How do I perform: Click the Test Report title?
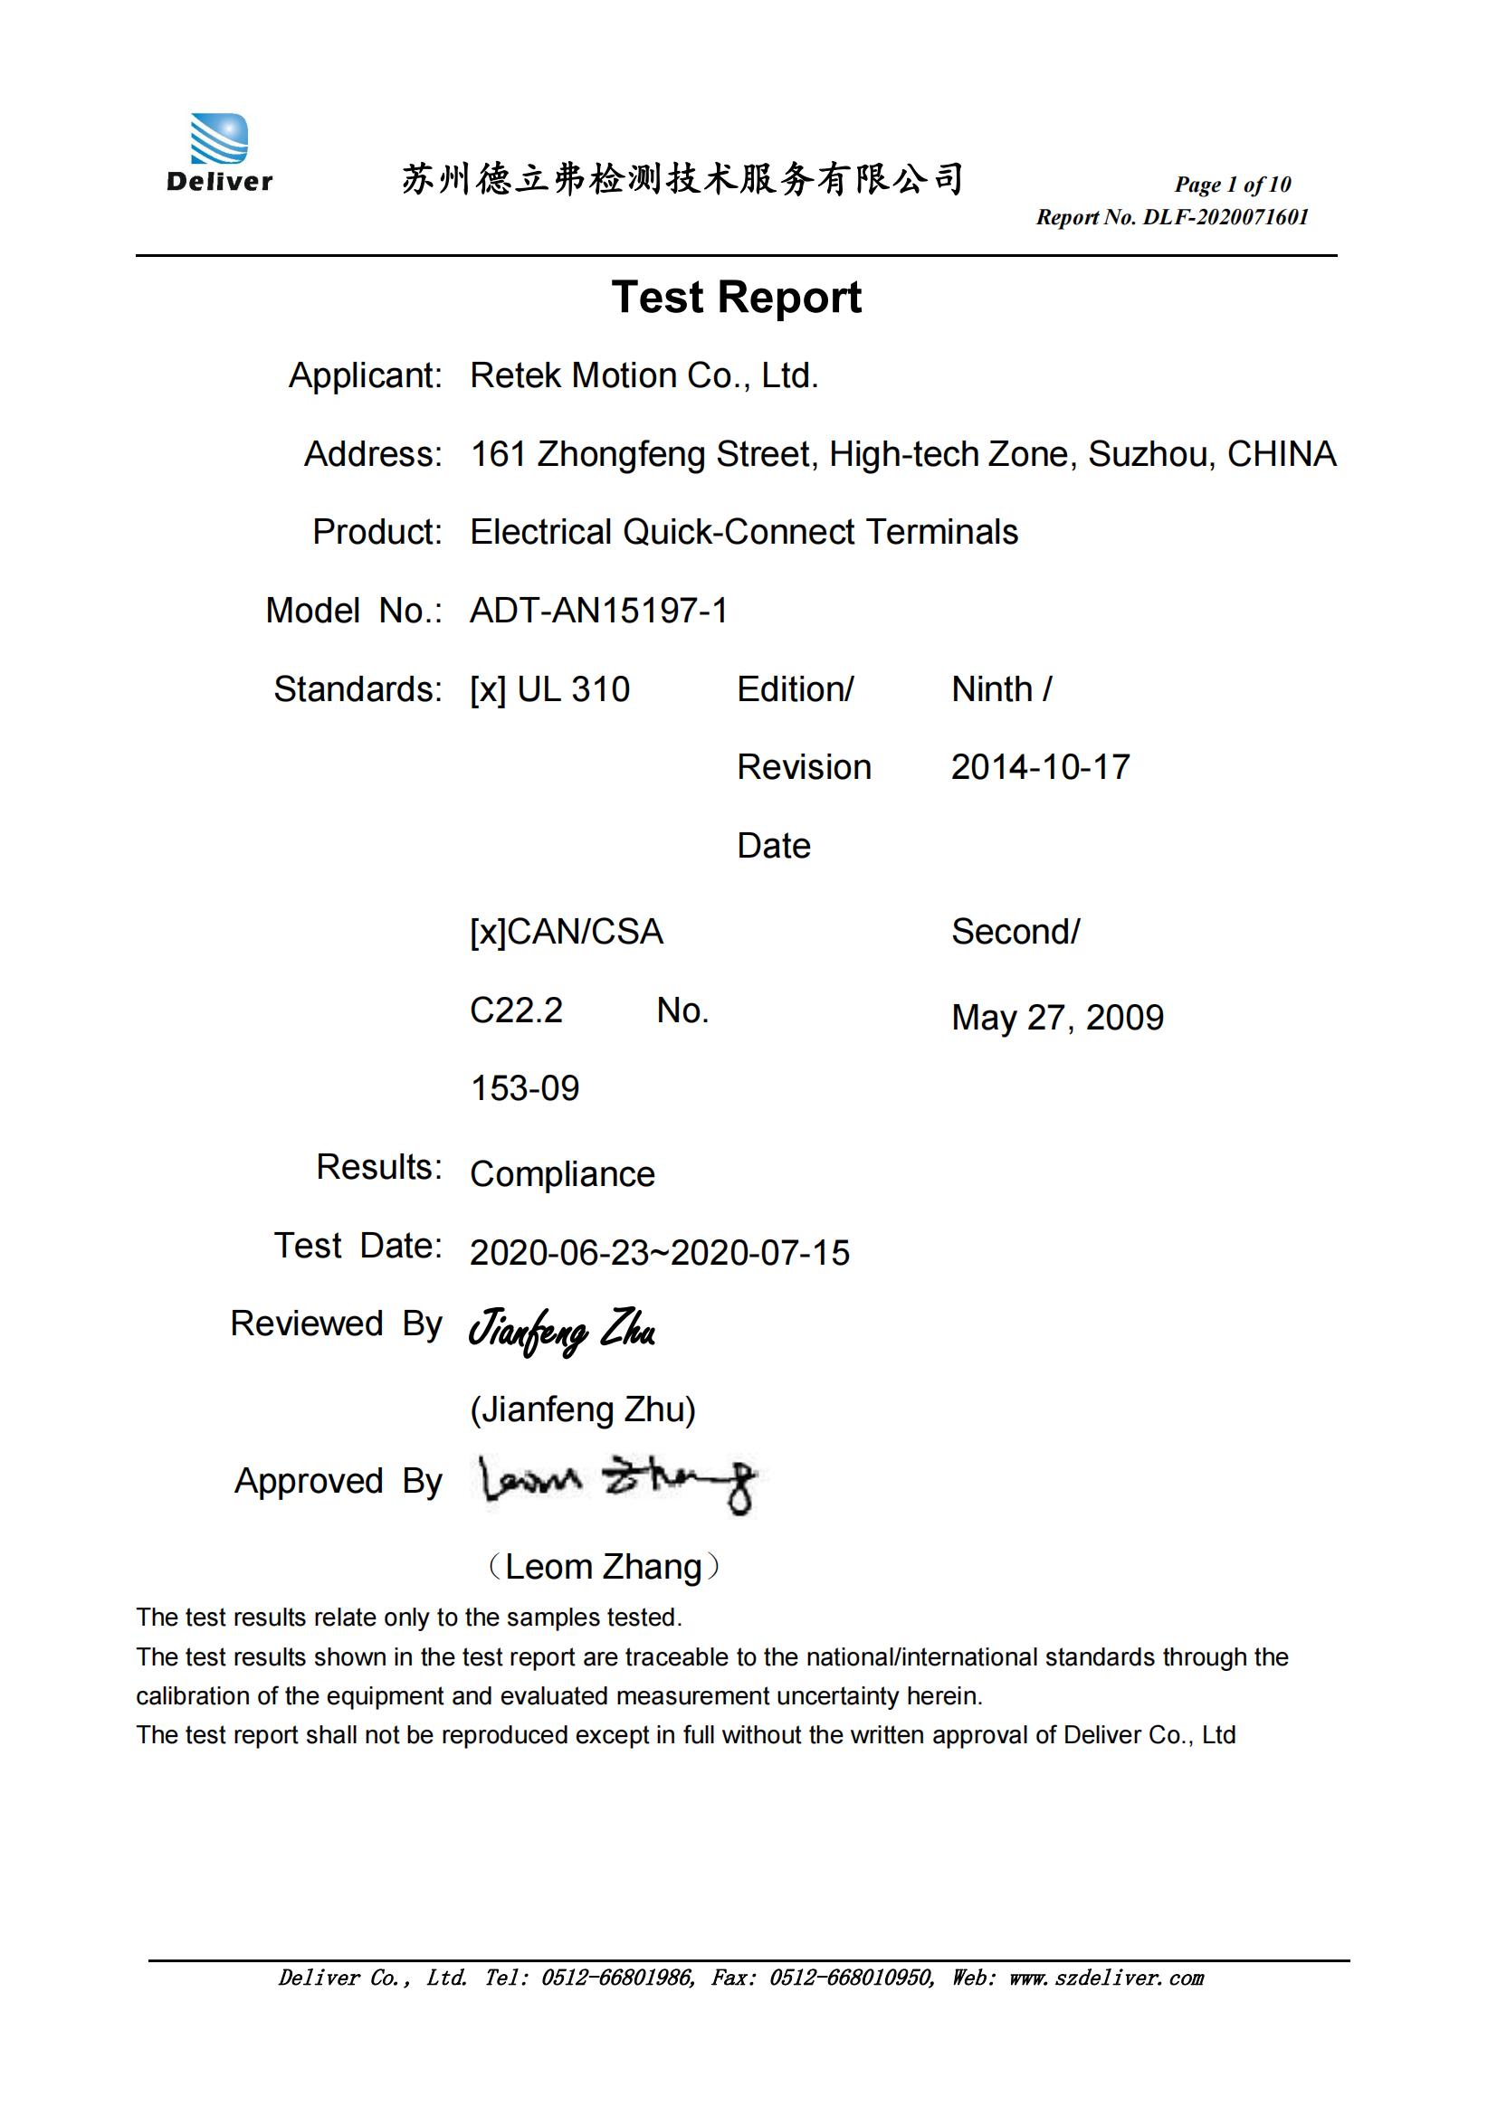pyautogui.click(x=736, y=298)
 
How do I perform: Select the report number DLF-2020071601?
pyautogui.click(x=1225, y=217)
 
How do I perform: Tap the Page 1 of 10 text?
pyautogui.click(x=1232, y=185)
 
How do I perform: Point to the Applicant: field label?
pyautogui.click(x=365, y=376)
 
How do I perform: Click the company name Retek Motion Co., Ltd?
pyautogui.click(x=644, y=376)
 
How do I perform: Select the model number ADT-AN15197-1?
pyautogui.click(x=598, y=611)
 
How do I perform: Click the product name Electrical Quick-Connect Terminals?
pyautogui.click(x=743, y=533)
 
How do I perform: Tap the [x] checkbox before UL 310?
pyautogui.click(x=488, y=690)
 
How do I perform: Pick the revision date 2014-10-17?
pyautogui.click(x=1040, y=768)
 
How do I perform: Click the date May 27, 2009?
pyautogui.click(x=1056, y=1019)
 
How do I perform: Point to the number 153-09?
pyautogui.click(x=525, y=1089)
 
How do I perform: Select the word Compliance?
pyautogui.click(x=562, y=1175)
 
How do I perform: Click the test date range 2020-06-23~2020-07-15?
pyautogui.click(x=659, y=1253)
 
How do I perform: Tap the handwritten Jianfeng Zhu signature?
pyautogui.click(x=561, y=1332)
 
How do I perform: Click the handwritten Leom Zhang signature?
pyautogui.click(x=616, y=1483)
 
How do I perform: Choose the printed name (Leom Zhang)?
pyautogui.click(x=603, y=1568)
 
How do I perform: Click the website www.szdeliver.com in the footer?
pyautogui.click(x=1106, y=1978)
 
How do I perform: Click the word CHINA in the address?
pyautogui.click(x=1282, y=454)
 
